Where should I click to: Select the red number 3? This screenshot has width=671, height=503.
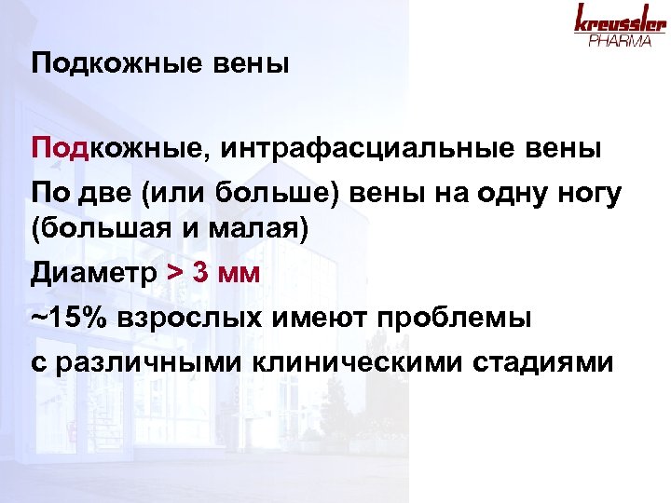pyautogui.click(x=200, y=275)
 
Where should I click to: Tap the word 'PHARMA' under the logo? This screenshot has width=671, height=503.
pyautogui.click(x=619, y=42)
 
